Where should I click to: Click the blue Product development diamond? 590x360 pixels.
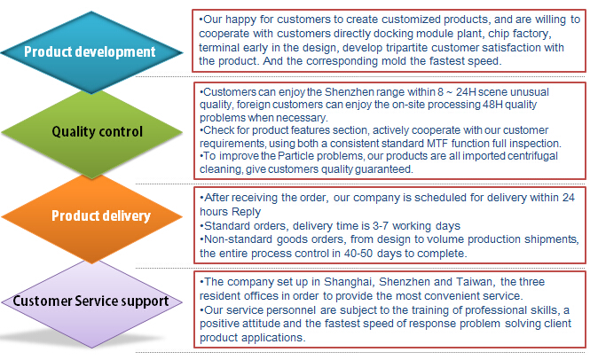[91, 52]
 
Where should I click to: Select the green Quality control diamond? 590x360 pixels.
[91, 132]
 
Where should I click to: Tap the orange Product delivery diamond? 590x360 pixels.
[91, 217]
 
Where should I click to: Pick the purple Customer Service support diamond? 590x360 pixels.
[91, 302]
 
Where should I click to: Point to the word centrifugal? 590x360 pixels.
[532, 156]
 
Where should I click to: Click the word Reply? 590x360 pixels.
[246, 212]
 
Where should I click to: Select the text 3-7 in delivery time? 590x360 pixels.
[381, 226]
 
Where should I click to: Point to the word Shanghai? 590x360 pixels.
[349, 282]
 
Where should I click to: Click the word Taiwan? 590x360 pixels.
[475, 282]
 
